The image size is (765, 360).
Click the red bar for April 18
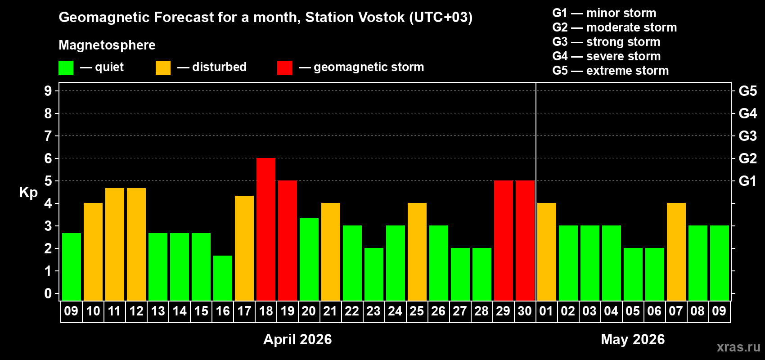(x=266, y=229)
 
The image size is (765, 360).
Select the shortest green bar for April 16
(x=223, y=278)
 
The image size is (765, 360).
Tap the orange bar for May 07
(x=676, y=252)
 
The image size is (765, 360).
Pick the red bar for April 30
(x=525, y=240)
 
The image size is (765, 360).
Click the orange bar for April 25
(x=417, y=252)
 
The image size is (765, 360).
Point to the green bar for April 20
(x=309, y=259)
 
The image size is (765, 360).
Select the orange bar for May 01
(x=547, y=252)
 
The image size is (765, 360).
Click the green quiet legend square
(x=66, y=68)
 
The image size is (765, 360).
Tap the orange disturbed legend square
(x=163, y=68)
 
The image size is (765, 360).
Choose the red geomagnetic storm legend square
(x=284, y=68)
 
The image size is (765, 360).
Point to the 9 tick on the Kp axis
(x=48, y=91)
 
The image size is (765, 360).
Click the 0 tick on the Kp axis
(x=48, y=293)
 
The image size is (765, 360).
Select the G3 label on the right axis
(x=747, y=136)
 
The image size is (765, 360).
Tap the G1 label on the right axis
(x=747, y=181)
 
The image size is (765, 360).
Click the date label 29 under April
(x=503, y=311)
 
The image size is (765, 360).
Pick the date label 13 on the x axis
(x=158, y=311)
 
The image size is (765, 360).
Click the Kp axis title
(x=28, y=193)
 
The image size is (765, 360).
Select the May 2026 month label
(x=633, y=339)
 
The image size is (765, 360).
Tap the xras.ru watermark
(x=738, y=347)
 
